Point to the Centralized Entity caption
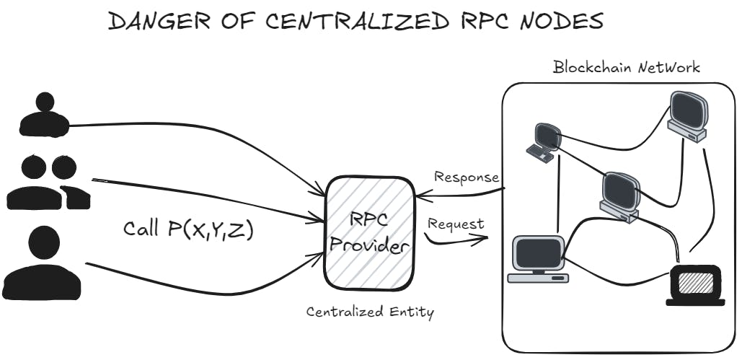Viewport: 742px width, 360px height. click(370, 312)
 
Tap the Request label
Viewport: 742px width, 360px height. click(456, 224)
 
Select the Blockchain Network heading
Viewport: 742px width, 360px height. click(626, 68)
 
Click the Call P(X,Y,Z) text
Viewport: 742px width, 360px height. click(188, 229)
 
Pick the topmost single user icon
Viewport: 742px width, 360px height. click(44, 115)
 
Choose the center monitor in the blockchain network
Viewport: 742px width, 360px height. click(622, 195)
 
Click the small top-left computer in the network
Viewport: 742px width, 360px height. click(545, 140)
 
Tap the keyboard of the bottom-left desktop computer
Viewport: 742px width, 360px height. click(537, 278)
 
